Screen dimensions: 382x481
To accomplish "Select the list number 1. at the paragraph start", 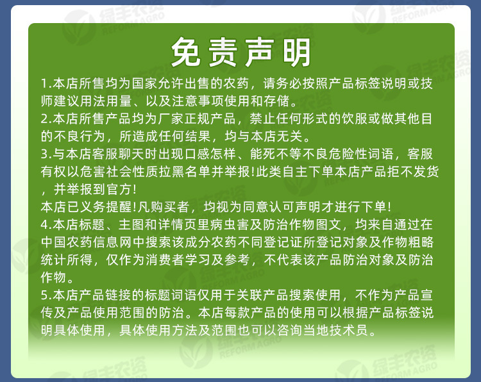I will click(46, 84).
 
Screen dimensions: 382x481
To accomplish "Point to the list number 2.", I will click(46, 119).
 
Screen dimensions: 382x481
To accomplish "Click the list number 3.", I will click(46, 154).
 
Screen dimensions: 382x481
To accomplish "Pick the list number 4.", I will click(46, 224).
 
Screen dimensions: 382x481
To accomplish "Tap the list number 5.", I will click(46, 296).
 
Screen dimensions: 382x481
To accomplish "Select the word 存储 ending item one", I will click(281, 101).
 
